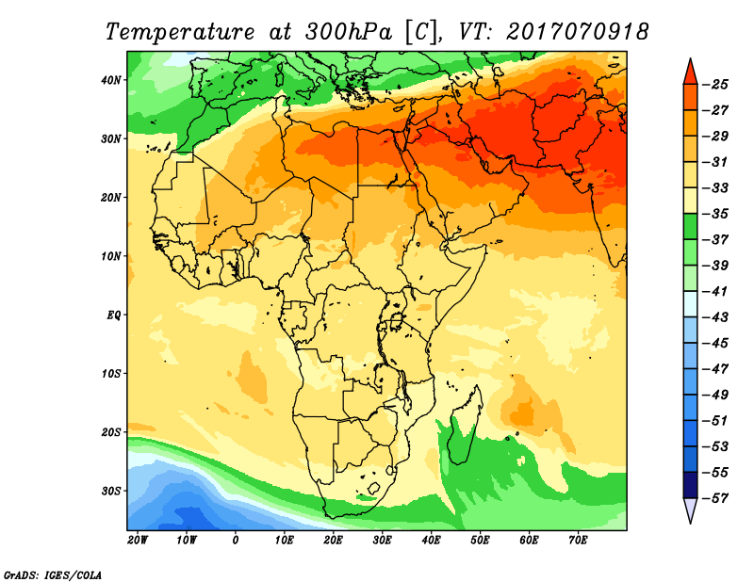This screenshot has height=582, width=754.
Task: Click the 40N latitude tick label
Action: click(111, 80)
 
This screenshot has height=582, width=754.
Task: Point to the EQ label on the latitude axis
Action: click(114, 315)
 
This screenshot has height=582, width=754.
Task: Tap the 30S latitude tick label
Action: click(111, 491)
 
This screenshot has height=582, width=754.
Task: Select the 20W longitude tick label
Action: click(137, 541)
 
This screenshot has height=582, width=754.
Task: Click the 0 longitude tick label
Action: click(236, 541)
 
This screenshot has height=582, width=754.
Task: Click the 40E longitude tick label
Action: click(431, 541)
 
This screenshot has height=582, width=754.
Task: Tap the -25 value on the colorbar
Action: click(718, 85)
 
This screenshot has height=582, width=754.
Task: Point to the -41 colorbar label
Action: click(718, 290)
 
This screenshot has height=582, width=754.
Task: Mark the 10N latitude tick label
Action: click(111, 256)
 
